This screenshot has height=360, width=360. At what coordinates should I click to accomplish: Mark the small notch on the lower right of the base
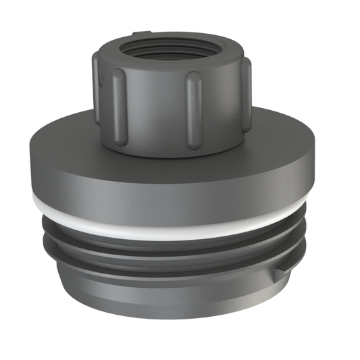coord(278,272)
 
